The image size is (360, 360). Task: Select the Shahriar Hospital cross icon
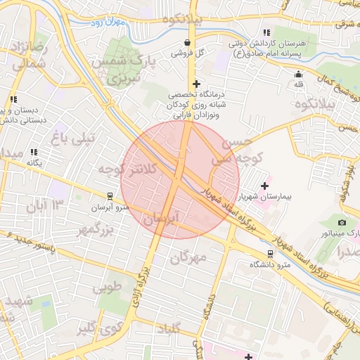(x=264, y=186)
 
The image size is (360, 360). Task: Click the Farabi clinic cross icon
(x=196, y=84)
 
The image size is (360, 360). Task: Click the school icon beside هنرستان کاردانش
(x=266, y=32)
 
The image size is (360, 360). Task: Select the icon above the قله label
(x=300, y=75)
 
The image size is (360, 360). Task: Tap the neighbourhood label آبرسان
(x=162, y=219)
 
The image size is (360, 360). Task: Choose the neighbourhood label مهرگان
(x=188, y=257)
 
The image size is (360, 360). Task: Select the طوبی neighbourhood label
(x=108, y=285)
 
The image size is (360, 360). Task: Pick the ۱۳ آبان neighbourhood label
(x=44, y=205)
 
